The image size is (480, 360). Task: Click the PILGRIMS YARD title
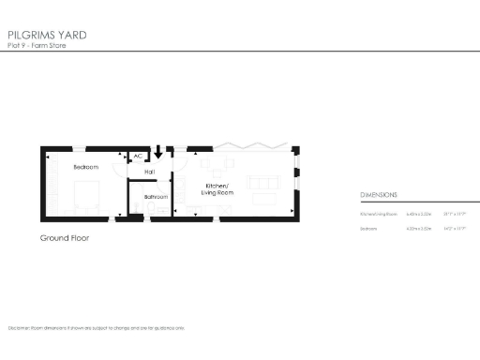click(x=47, y=35)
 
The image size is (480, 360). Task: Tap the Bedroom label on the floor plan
click(x=85, y=167)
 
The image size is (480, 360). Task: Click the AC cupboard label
click(x=138, y=157)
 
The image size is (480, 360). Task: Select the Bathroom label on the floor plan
click(x=156, y=197)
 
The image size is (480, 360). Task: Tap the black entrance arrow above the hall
click(x=158, y=150)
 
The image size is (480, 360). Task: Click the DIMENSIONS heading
click(x=379, y=195)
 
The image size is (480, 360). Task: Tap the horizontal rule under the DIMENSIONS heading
click(x=412, y=203)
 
